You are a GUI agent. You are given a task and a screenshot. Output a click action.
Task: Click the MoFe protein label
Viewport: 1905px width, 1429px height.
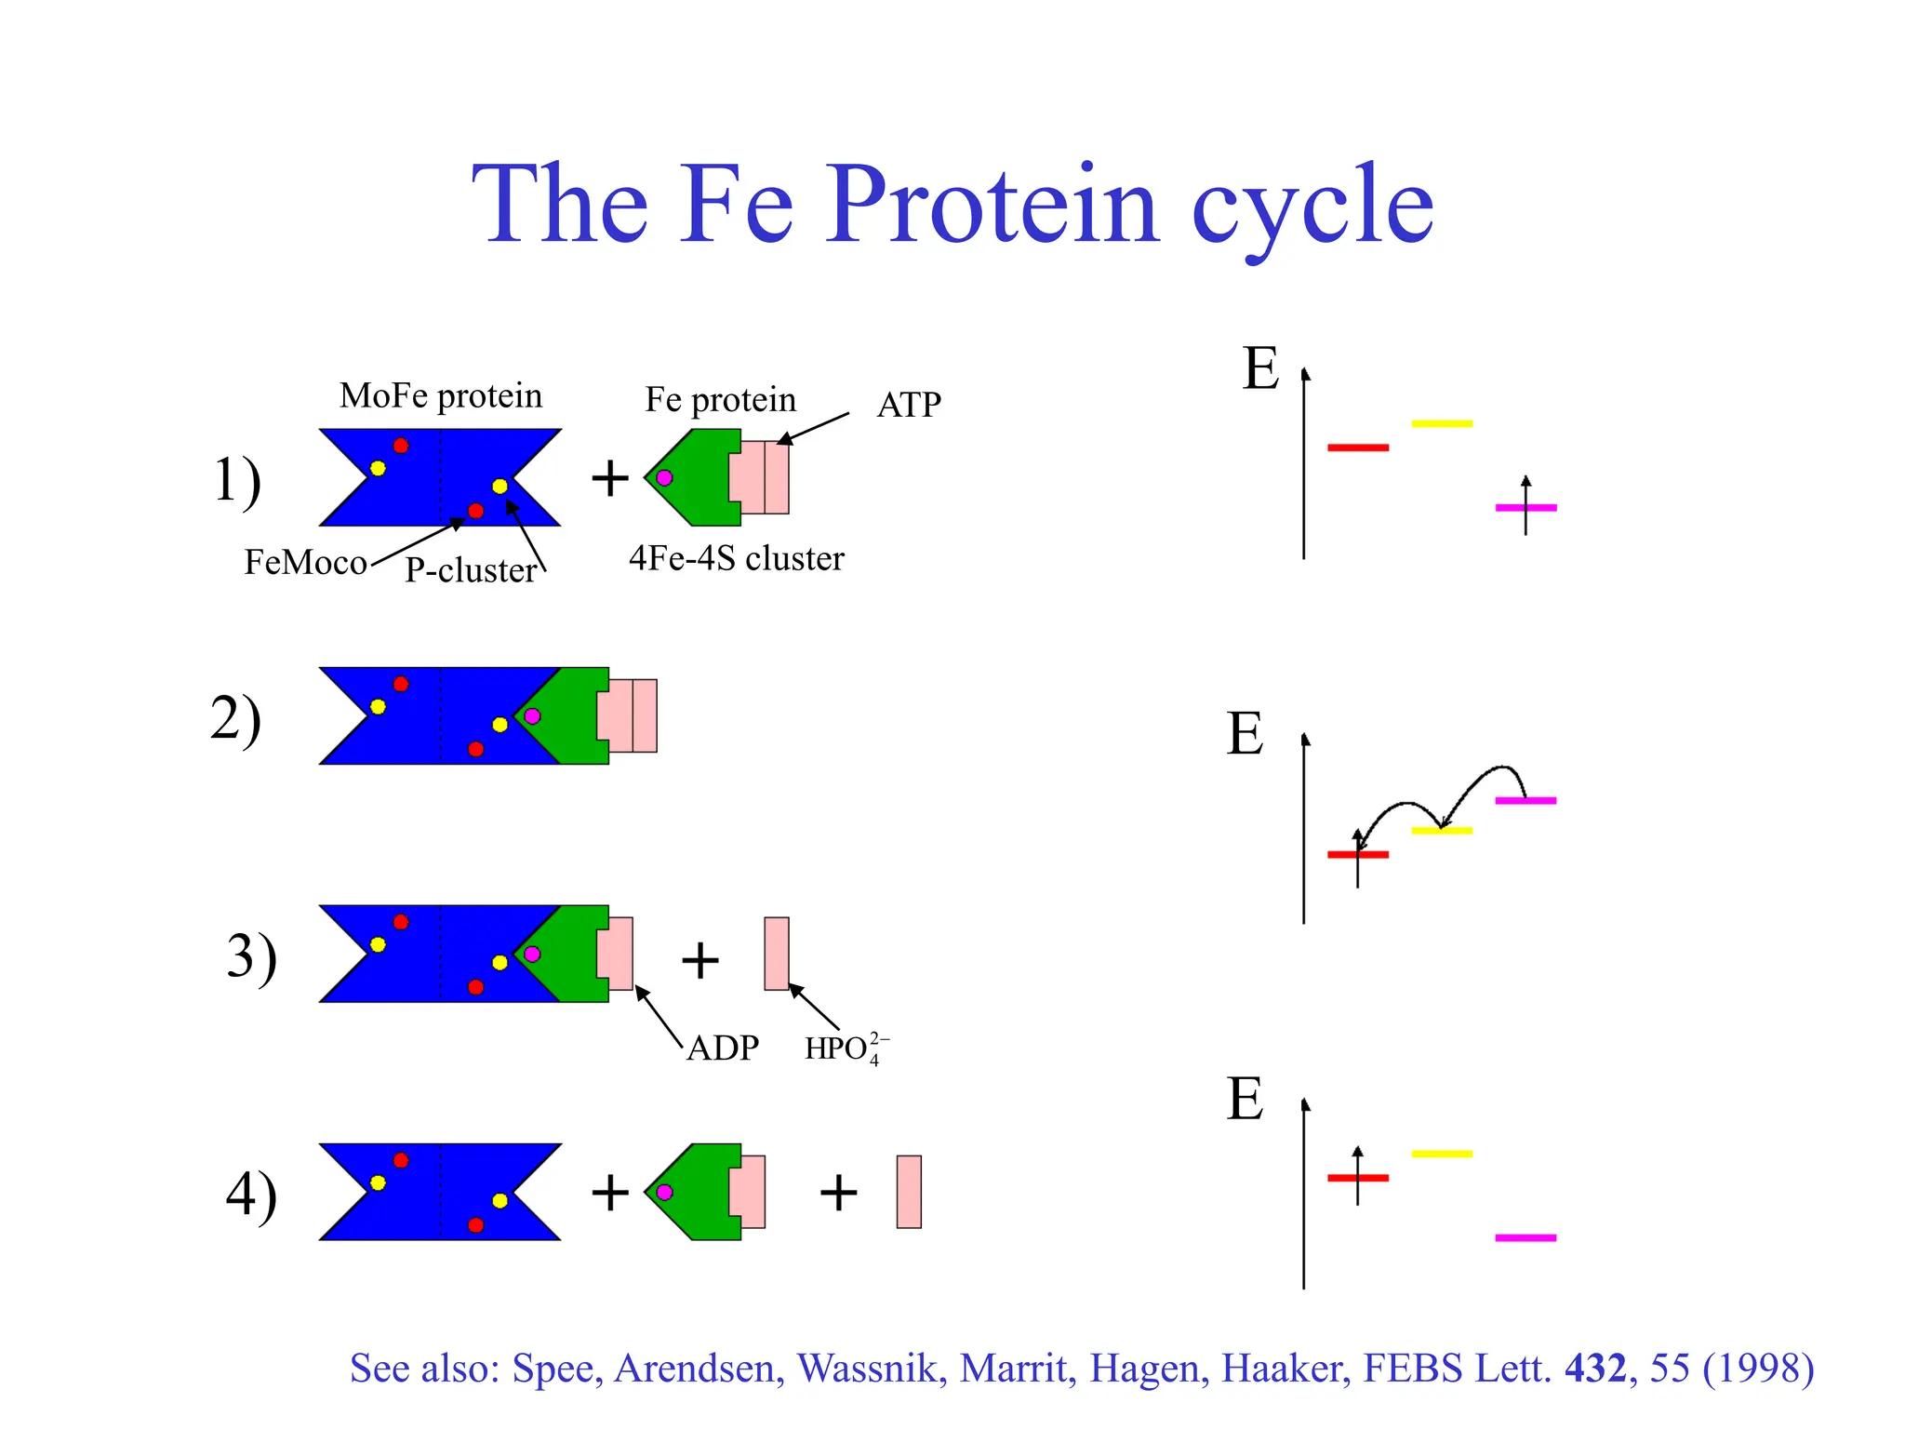(x=440, y=396)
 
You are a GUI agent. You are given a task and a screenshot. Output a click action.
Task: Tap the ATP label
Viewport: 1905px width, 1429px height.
(x=908, y=405)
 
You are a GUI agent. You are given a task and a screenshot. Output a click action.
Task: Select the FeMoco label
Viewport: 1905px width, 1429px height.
(x=305, y=563)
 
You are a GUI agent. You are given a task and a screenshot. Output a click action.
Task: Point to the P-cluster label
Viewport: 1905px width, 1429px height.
(x=471, y=570)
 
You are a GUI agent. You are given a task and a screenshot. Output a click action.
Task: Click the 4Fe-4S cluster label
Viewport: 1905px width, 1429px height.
(x=736, y=558)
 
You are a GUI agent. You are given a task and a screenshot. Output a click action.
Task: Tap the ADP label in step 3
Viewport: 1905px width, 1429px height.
(x=723, y=1048)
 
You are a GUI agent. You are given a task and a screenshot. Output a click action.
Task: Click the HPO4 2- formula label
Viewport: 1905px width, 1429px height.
(x=846, y=1048)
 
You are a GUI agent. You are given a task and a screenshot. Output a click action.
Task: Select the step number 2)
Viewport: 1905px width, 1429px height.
(x=235, y=719)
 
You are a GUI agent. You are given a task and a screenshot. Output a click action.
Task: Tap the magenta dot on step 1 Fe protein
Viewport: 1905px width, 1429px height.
(x=664, y=478)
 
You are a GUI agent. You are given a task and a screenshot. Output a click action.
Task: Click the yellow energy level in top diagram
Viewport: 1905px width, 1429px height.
(x=1442, y=424)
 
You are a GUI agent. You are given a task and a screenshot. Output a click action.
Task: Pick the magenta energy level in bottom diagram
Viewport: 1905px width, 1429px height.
(x=1525, y=1238)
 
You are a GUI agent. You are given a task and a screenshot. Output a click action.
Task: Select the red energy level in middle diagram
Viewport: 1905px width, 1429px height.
(x=1358, y=854)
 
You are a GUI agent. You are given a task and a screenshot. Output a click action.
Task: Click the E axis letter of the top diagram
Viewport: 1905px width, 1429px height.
(x=1260, y=368)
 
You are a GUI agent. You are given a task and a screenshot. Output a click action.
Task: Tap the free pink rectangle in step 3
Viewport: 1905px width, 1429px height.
(x=777, y=954)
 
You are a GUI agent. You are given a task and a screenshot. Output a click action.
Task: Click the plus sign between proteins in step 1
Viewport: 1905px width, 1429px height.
(x=610, y=479)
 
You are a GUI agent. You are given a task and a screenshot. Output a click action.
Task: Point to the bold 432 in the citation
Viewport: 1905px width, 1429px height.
(x=1595, y=1369)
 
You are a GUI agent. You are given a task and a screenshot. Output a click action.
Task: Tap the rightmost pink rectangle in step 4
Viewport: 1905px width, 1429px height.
(x=909, y=1192)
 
